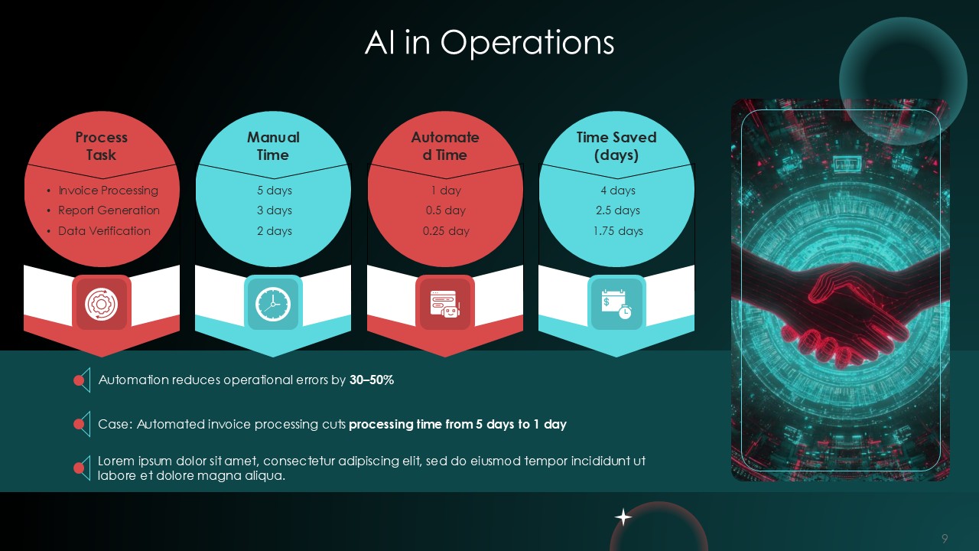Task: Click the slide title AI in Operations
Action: click(x=489, y=43)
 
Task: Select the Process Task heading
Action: click(x=101, y=146)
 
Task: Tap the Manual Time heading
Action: click(x=273, y=146)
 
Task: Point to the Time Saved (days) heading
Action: click(x=616, y=146)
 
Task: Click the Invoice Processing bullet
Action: click(x=108, y=191)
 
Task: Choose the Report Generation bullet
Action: click(x=109, y=210)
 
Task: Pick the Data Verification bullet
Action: click(x=104, y=231)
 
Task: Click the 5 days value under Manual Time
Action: click(x=274, y=191)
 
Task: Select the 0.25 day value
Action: click(x=445, y=231)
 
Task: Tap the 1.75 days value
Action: click(x=617, y=231)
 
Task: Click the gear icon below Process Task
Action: click(x=101, y=304)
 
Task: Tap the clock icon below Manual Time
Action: click(x=273, y=304)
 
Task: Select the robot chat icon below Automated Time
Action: click(x=445, y=304)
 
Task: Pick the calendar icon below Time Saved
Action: click(x=616, y=304)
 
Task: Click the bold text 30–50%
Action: click(x=372, y=380)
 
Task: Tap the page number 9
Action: click(x=945, y=539)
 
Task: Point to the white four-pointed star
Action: click(x=623, y=518)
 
